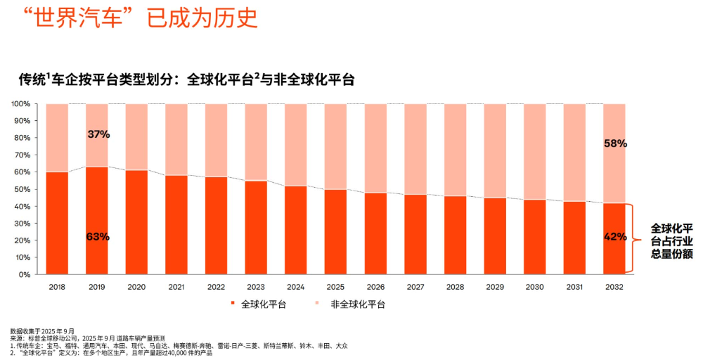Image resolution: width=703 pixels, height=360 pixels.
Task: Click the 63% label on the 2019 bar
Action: coord(98,237)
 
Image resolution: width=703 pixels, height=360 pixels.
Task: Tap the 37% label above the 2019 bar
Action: coord(98,134)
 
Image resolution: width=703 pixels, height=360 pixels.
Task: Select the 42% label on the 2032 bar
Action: coord(615,237)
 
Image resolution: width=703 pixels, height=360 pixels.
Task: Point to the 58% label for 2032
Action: coord(615,143)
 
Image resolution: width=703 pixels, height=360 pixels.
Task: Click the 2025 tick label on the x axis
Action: coord(336,286)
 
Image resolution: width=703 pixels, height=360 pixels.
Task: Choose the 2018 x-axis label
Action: coord(57,286)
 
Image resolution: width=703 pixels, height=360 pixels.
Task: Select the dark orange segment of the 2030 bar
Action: coord(535,237)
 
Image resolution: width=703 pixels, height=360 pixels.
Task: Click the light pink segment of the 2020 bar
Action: coord(136,137)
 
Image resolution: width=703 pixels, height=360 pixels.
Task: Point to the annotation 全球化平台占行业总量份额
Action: coord(671,241)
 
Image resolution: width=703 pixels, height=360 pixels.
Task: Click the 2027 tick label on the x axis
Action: coord(415,286)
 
